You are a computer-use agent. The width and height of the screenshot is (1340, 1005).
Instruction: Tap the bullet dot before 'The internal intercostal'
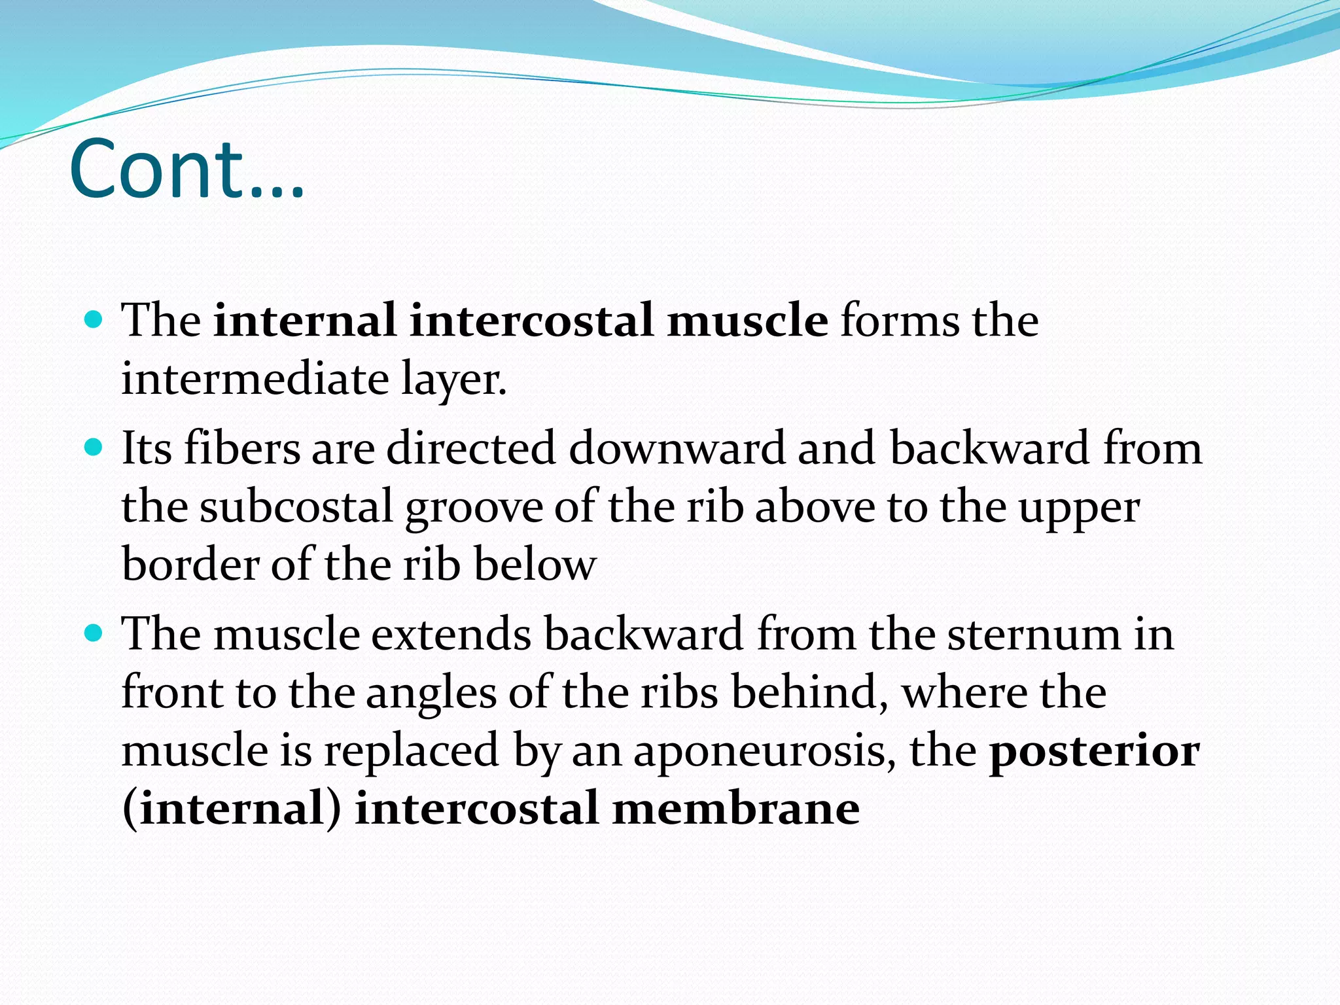(x=94, y=320)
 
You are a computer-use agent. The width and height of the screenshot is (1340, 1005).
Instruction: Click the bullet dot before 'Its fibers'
(x=94, y=448)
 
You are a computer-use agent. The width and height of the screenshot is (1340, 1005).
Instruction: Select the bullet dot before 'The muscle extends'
(x=94, y=633)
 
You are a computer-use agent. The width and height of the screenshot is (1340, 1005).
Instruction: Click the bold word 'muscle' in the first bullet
(x=747, y=321)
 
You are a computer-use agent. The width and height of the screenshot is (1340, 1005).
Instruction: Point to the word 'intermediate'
(x=255, y=379)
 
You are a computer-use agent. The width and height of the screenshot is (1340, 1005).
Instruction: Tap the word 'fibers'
(x=241, y=449)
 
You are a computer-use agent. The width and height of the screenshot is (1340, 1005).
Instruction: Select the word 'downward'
(x=677, y=449)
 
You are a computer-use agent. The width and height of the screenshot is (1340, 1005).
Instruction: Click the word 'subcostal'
(x=296, y=506)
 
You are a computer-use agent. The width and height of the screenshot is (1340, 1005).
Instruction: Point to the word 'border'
(x=190, y=565)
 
